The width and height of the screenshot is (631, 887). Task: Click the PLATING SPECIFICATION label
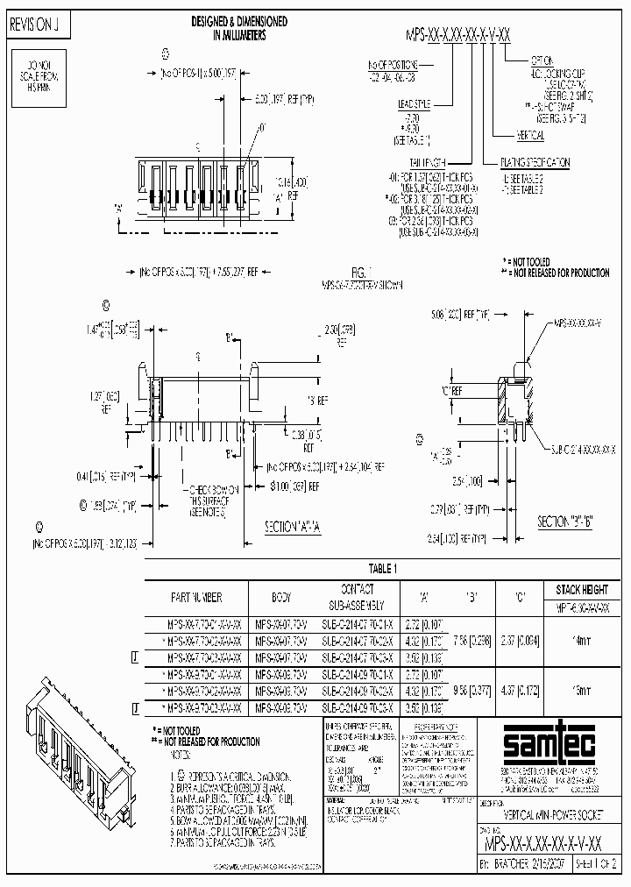535,162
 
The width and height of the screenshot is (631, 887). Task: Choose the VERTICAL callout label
526,135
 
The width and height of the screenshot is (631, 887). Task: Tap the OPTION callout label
541,60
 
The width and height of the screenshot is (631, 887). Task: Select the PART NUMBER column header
196,598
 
